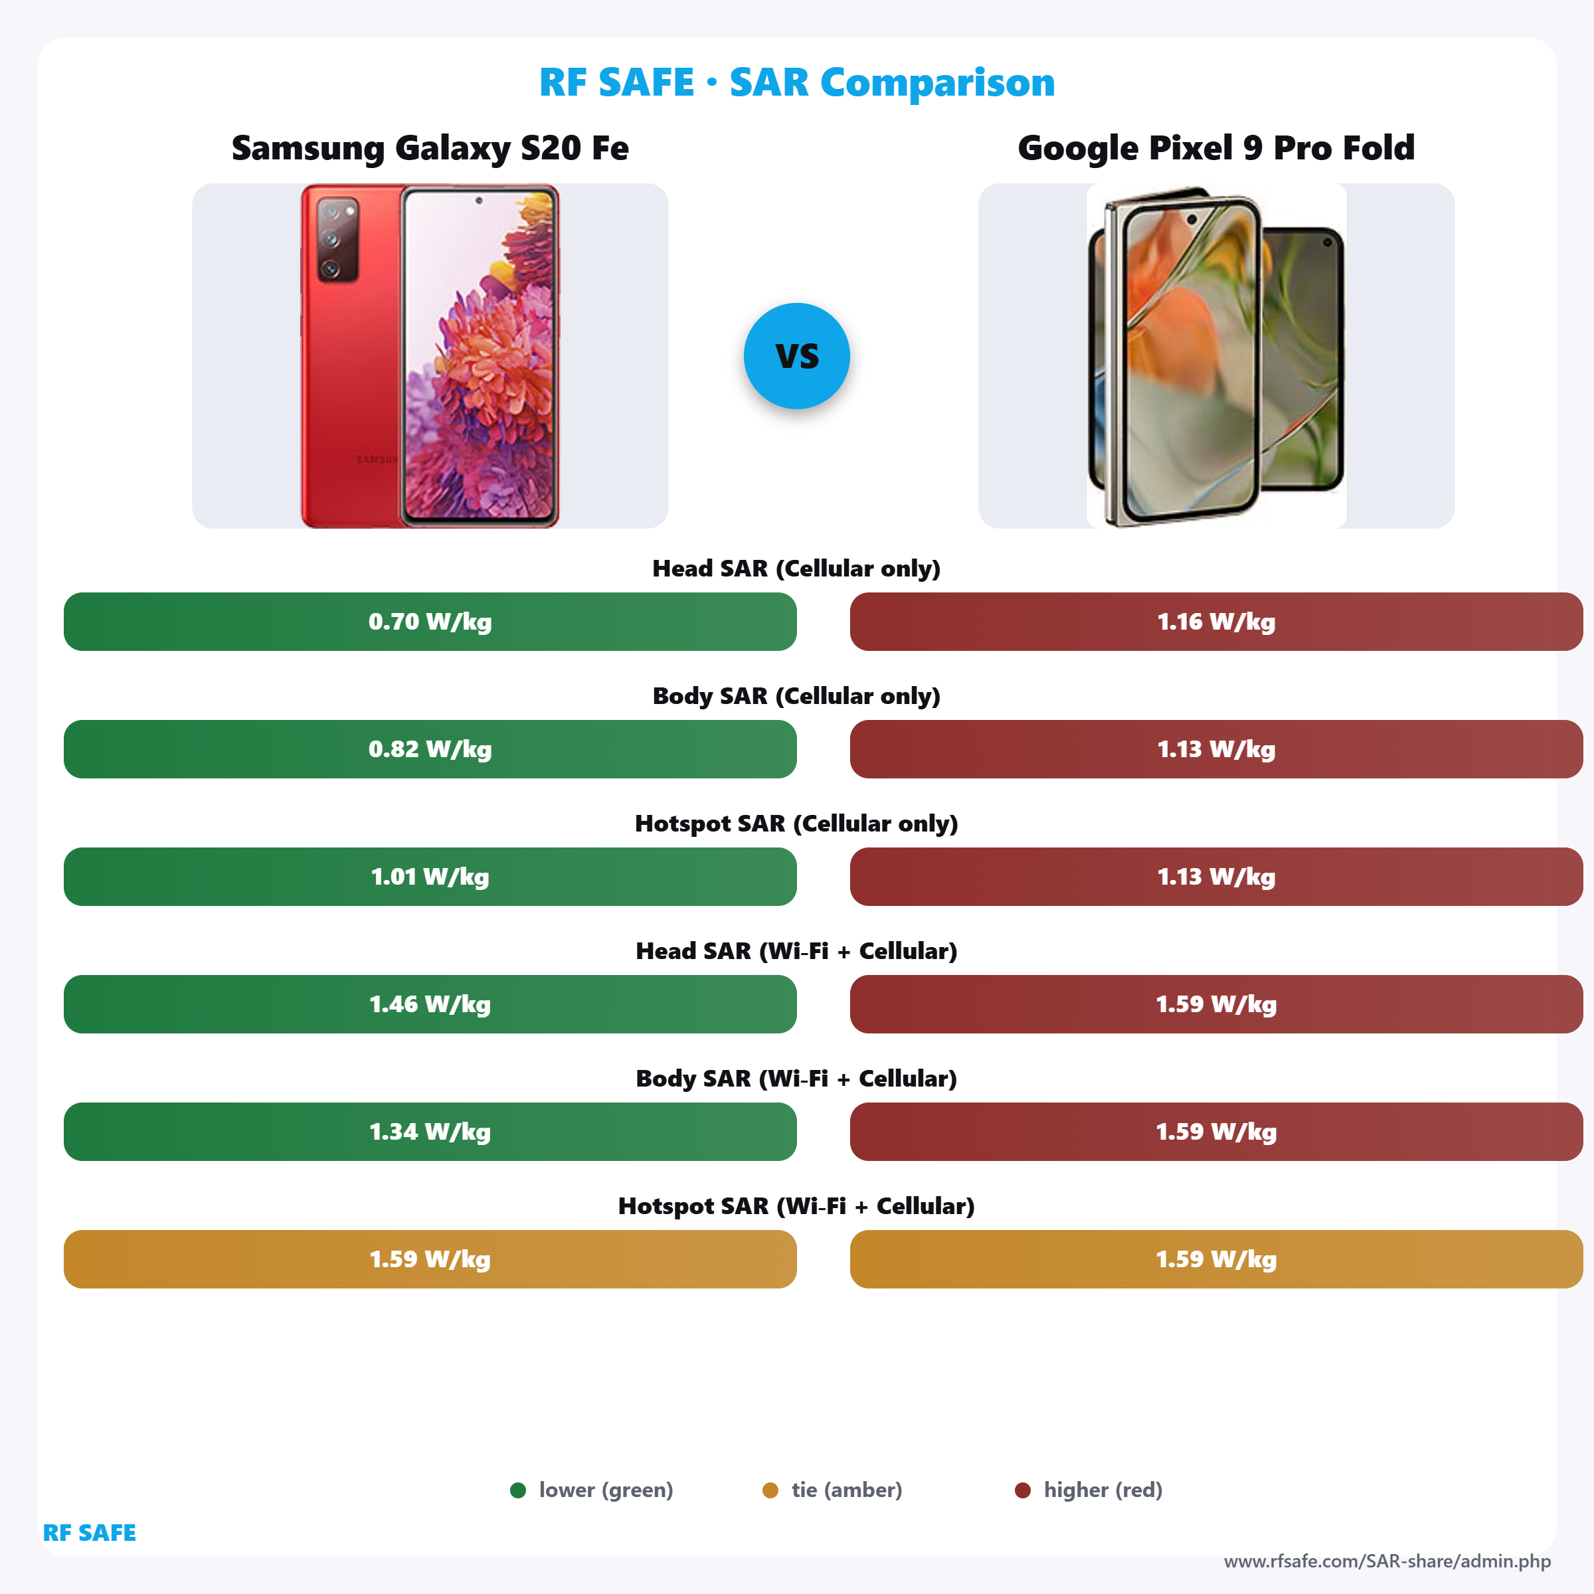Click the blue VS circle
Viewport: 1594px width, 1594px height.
point(796,355)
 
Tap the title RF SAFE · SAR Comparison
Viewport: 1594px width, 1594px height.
point(796,82)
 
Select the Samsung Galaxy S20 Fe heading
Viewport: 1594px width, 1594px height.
point(430,149)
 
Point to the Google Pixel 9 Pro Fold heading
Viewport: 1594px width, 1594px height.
point(1215,149)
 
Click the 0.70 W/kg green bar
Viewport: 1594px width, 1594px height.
point(430,621)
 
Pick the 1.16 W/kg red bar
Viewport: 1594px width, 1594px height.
point(1215,621)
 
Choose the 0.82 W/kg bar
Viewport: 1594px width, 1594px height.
point(430,749)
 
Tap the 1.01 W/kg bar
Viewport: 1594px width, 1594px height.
point(430,876)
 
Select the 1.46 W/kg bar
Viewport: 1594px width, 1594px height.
point(430,1004)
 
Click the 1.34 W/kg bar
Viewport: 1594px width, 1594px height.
point(430,1131)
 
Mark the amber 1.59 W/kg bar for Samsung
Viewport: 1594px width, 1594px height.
point(430,1259)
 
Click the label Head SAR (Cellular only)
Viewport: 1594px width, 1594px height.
point(796,569)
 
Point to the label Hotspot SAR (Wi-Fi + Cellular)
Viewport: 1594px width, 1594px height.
point(796,1206)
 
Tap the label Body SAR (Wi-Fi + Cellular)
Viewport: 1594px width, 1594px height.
point(796,1079)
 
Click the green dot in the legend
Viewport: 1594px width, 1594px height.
point(518,1490)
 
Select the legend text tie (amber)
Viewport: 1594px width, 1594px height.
point(847,1490)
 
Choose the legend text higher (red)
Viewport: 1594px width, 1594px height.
point(1103,1490)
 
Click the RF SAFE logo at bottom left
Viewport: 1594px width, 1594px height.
point(89,1533)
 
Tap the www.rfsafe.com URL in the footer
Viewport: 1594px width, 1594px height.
point(1387,1561)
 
